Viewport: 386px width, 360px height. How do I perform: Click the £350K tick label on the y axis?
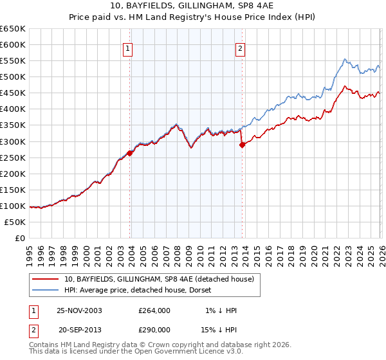pos(12,125)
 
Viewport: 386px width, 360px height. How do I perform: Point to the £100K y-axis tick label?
pos(12,206)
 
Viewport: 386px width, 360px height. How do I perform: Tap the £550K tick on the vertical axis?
pos(12,60)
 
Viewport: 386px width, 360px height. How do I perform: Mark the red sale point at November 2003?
pos(130,153)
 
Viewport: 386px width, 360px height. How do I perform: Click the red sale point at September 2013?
pos(243,145)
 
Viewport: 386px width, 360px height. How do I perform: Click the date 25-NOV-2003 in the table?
pos(80,310)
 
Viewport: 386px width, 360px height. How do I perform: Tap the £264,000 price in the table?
pos(154,310)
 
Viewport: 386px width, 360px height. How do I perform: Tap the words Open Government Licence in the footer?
pos(174,353)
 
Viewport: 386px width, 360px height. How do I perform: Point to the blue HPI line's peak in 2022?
pos(345,59)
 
